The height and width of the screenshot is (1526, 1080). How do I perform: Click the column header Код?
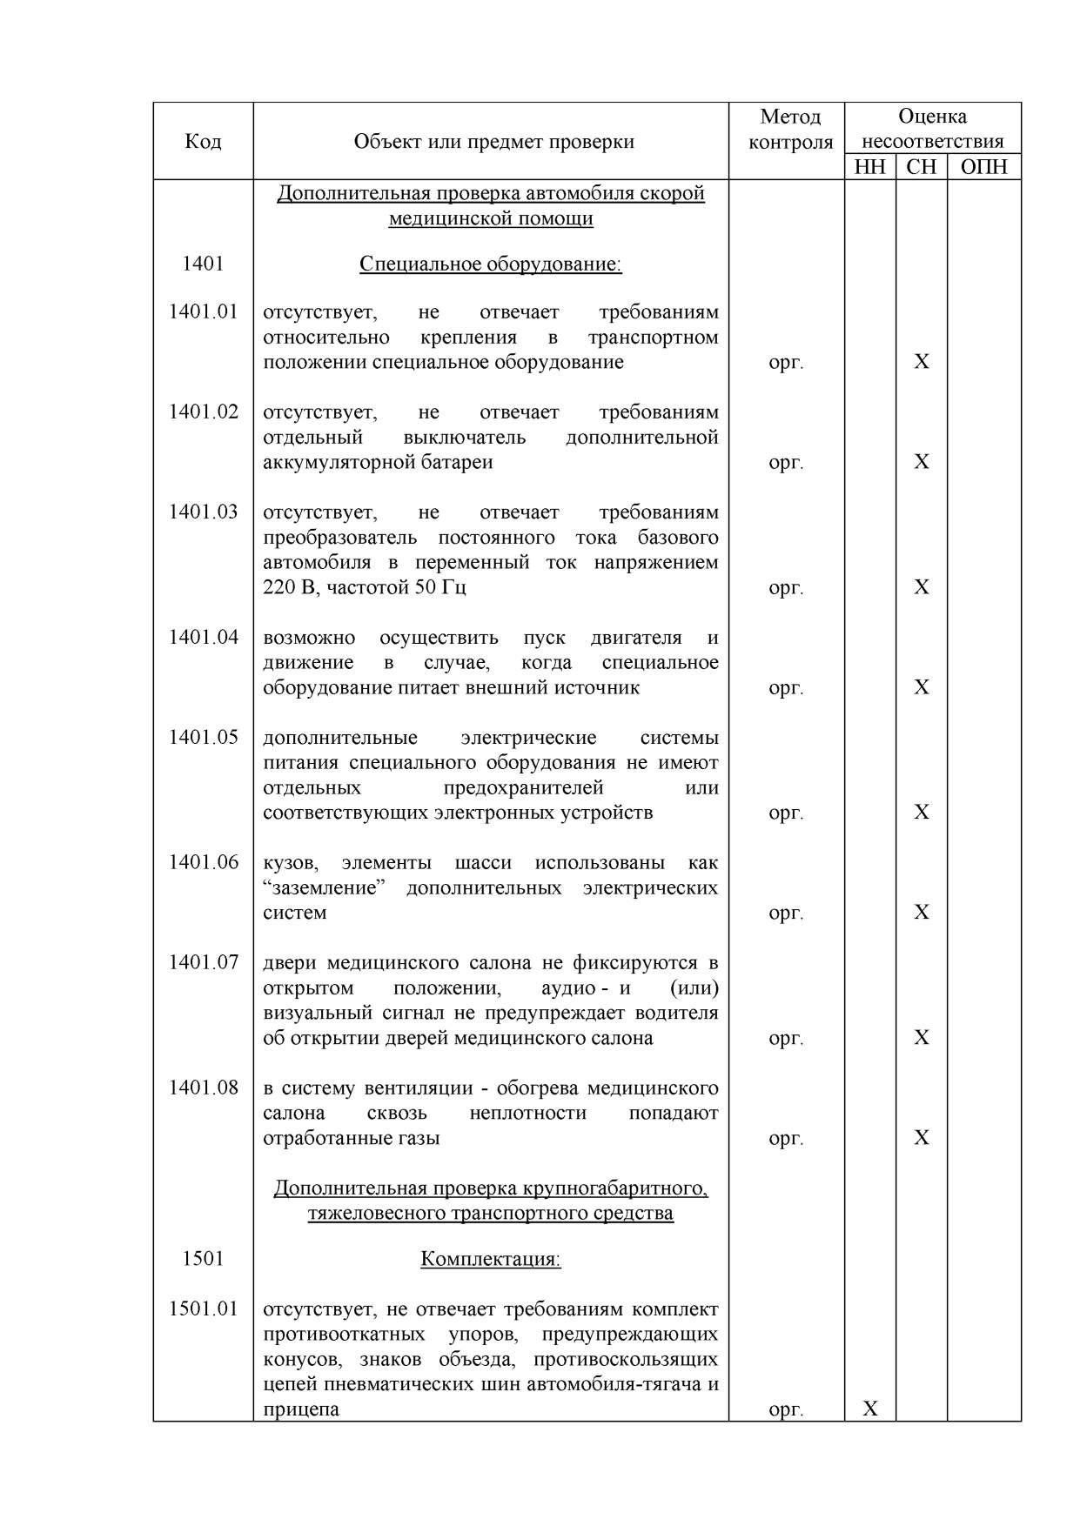coord(203,142)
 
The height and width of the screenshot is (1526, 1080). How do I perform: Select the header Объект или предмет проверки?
coord(493,142)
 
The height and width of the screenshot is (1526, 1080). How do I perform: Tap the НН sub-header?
coord(869,167)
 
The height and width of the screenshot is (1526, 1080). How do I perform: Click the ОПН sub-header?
coord(983,167)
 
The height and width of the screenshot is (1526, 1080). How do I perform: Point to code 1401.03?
coord(203,512)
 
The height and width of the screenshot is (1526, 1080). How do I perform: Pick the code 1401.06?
coord(203,862)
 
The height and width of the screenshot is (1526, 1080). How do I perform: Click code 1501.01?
coord(203,1308)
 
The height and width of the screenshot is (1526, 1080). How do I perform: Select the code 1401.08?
coord(203,1088)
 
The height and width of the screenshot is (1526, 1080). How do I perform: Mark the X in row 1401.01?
coord(922,362)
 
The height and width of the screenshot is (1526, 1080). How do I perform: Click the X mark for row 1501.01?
coord(870,1409)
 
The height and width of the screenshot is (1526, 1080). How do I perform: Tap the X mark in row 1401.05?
coord(922,813)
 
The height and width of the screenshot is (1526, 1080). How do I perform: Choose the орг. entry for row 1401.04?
coord(786,688)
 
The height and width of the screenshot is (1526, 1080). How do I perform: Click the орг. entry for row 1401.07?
coord(786,1039)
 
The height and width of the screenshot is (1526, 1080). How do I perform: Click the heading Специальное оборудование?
coord(490,264)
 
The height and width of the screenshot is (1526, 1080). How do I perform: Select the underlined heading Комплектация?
coord(490,1259)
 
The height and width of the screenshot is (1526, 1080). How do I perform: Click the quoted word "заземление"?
coord(325,888)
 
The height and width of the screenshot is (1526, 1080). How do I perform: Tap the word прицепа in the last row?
coord(301,1409)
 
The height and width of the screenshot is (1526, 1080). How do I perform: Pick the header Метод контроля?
coord(789,129)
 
